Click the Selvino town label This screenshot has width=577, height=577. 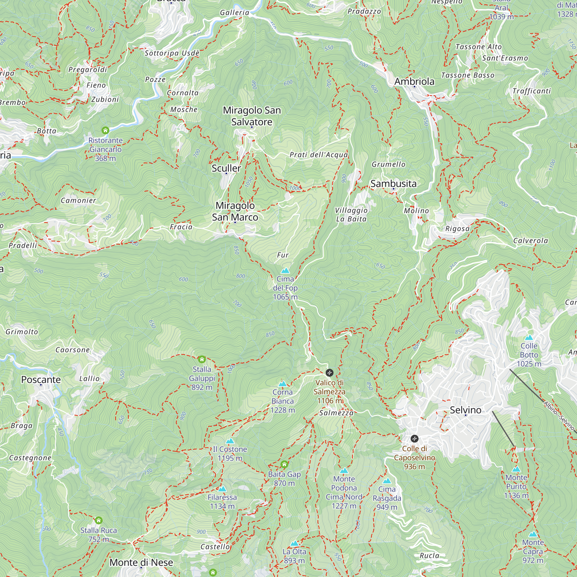tap(465, 410)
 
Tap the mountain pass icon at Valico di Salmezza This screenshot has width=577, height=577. tap(329, 372)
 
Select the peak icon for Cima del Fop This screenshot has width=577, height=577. tap(285, 271)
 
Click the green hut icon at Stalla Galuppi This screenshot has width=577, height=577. tap(202, 359)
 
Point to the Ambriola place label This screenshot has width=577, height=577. tap(414, 81)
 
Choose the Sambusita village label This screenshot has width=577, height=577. tap(393, 183)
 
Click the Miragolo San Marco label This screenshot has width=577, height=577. tap(235, 211)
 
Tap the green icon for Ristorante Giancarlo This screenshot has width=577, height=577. tap(105, 130)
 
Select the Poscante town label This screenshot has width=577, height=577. tap(41, 379)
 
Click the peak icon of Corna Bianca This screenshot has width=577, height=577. tap(282, 384)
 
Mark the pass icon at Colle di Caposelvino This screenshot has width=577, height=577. tap(414, 439)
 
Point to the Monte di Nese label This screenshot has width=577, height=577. tap(141, 562)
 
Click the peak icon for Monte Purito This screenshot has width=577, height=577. tap(516, 469)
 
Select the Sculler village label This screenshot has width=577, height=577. tap(226, 168)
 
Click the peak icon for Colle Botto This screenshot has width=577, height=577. tap(529, 338)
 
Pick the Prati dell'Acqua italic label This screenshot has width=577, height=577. tap(319, 155)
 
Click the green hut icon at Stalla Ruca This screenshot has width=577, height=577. tap(99, 520)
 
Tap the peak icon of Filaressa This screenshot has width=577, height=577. tap(222, 489)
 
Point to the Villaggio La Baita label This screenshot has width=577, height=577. tap(351, 214)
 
